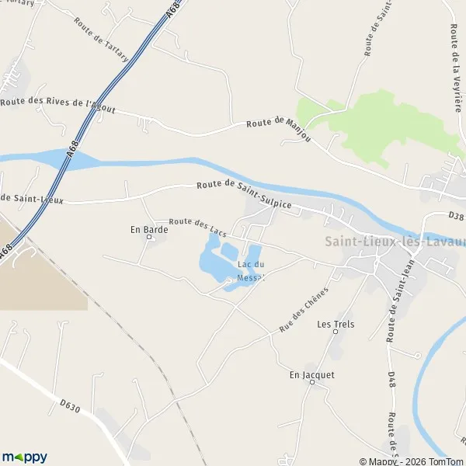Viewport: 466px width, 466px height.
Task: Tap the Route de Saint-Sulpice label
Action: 244,195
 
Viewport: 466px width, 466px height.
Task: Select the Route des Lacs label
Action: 197,227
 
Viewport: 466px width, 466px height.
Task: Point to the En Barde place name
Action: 144,229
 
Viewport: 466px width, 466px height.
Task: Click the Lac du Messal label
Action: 251,271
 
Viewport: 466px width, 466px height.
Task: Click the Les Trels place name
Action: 336,324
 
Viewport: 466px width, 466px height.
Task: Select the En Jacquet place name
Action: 311,374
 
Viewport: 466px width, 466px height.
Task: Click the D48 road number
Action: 392,382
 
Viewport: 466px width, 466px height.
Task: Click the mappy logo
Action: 25,457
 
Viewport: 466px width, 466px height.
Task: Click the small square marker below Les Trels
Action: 336,332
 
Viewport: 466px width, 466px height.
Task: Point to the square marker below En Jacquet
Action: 311,383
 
